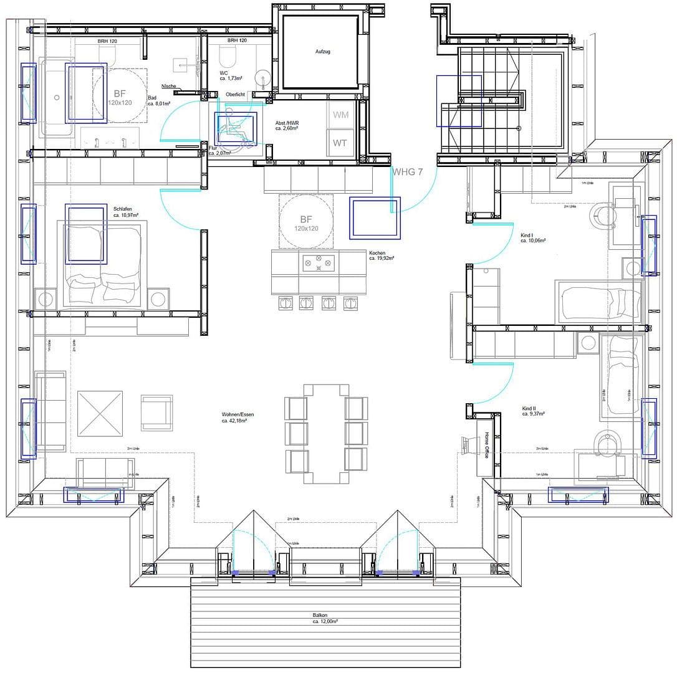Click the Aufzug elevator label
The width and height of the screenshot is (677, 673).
click(x=322, y=52)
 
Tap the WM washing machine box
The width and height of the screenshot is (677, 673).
click(x=340, y=115)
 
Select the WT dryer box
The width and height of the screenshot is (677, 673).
click(x=340, y=143)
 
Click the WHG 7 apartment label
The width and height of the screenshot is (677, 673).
click(x=407, y=172)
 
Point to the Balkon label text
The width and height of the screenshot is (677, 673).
click(x=320, y=615)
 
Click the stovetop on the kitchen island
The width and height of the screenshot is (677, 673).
click(x=319, y=263)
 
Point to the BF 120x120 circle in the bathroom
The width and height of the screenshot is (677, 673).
click(x=119, y=97)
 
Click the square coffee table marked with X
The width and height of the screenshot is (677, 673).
click(x=100, y=414)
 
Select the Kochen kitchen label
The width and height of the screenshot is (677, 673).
click(x=377, y=253)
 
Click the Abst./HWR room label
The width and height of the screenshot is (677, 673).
click(x=286, y=123)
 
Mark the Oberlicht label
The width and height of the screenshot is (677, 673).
click(x=235, y=94)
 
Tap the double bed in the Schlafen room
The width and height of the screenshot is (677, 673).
click(x=103, y=265)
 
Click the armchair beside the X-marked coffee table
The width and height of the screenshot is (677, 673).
click(x=156, y=413)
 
